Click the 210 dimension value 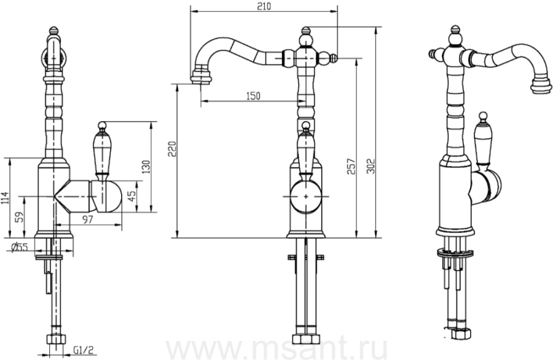point(264,6)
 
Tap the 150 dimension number point(253,96)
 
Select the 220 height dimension point(172,149)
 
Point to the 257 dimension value point(351,166)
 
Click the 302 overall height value point(371,166)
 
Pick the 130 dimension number point(146,166)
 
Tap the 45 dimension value point(131,196)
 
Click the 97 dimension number point(87,219)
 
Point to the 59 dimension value point(20,216)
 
